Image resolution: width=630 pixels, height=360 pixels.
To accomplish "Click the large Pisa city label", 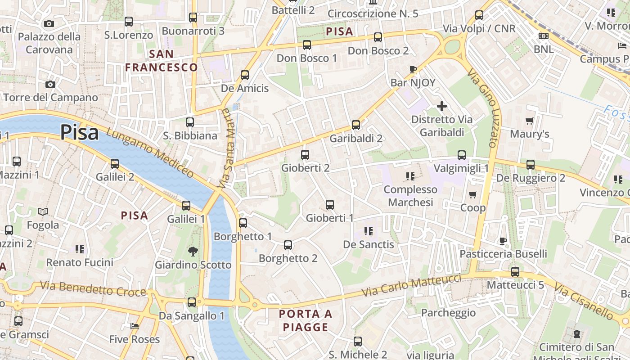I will [79, 133].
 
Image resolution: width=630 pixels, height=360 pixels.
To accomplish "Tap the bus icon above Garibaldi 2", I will [356, 125].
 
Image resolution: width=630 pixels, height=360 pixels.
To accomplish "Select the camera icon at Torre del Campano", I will [50, 84].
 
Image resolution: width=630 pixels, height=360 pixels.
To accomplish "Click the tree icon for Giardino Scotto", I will [193, 251].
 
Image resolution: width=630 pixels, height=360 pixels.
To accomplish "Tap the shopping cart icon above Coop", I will [472, 194].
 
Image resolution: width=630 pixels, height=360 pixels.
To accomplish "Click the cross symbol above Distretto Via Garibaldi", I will [442, 106].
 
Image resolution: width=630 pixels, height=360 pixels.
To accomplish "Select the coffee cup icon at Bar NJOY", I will [413, 69].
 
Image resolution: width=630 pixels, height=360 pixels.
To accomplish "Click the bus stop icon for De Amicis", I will [245, 75].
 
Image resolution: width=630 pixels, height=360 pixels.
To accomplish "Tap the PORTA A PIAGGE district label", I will [306, 320].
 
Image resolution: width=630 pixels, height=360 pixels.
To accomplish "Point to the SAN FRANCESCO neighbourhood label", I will [161, 61].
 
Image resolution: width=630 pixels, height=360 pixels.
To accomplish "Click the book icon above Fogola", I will [43, 211].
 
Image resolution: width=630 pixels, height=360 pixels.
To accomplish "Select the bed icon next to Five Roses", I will [134, 326].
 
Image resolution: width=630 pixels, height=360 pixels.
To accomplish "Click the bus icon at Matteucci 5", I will [515, 271].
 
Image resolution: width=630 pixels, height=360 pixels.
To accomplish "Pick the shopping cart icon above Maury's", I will [529, 121].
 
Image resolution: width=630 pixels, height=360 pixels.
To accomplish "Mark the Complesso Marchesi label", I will [410, 196].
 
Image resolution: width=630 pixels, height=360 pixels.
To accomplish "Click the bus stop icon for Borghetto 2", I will [288, 245].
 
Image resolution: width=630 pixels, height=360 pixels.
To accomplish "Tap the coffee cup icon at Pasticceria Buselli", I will [503, 241].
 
